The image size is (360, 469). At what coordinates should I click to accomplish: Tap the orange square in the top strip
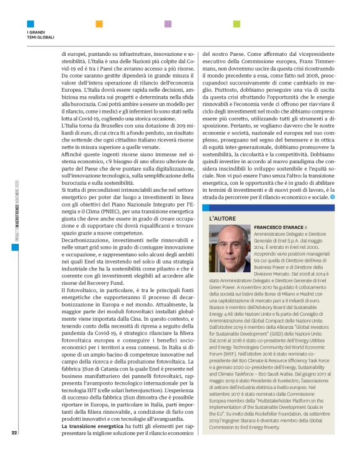point(99,24)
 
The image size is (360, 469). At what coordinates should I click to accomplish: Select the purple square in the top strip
point(168,24)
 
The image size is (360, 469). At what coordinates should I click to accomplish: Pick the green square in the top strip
point(236,24)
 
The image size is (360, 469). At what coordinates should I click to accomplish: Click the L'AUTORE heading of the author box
point(221,219)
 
